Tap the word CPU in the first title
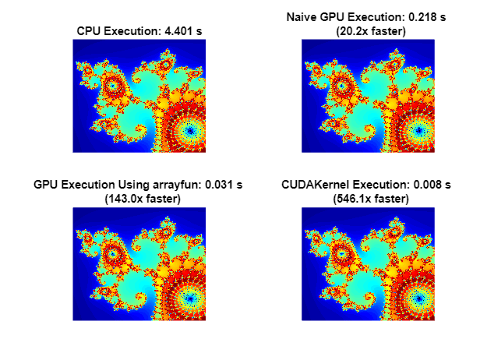point(89,31)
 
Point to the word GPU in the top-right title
point(336,17)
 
